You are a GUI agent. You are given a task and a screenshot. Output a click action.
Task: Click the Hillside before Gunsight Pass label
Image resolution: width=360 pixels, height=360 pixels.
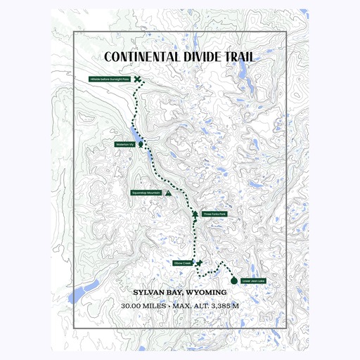(110, 80)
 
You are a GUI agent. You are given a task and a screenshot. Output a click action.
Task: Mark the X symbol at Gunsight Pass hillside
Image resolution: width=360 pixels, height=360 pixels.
(137, 80)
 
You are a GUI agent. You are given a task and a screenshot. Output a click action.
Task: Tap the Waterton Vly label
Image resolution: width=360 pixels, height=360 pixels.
(124, 144)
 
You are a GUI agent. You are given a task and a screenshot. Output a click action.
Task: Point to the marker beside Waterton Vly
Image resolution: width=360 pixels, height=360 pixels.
(141, 143)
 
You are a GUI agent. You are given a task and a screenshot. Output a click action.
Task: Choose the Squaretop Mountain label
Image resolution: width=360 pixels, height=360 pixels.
(146, 192)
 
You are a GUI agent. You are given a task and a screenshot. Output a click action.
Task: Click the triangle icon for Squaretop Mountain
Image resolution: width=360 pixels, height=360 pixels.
(168, 191)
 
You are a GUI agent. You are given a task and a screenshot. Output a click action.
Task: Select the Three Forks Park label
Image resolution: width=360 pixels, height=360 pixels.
(214, 214)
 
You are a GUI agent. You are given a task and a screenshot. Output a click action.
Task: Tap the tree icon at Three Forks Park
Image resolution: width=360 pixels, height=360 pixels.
(195, 213)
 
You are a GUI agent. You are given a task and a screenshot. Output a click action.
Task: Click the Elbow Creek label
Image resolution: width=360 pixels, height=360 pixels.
(182, 264)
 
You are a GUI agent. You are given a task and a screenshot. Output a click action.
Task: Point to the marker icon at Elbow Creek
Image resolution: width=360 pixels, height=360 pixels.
(200, 263)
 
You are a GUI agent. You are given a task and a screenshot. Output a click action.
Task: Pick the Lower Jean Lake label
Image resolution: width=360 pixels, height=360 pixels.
(253, 281)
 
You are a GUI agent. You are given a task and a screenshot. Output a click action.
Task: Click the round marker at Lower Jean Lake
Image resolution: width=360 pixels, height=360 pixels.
(234, 278)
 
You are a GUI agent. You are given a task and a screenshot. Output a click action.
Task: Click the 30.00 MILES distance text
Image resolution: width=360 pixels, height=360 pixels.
(143, 306)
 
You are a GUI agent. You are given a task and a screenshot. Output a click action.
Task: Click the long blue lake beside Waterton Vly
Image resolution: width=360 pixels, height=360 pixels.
(134, 134)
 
